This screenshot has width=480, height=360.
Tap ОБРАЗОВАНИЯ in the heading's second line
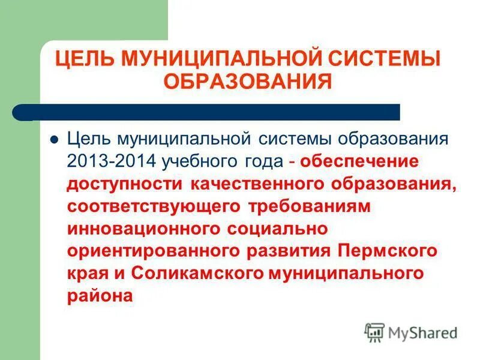point(248,81)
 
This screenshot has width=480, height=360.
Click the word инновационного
point(145,228)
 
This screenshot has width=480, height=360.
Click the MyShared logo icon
point(374,332)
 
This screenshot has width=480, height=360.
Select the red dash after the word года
point(291,162)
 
